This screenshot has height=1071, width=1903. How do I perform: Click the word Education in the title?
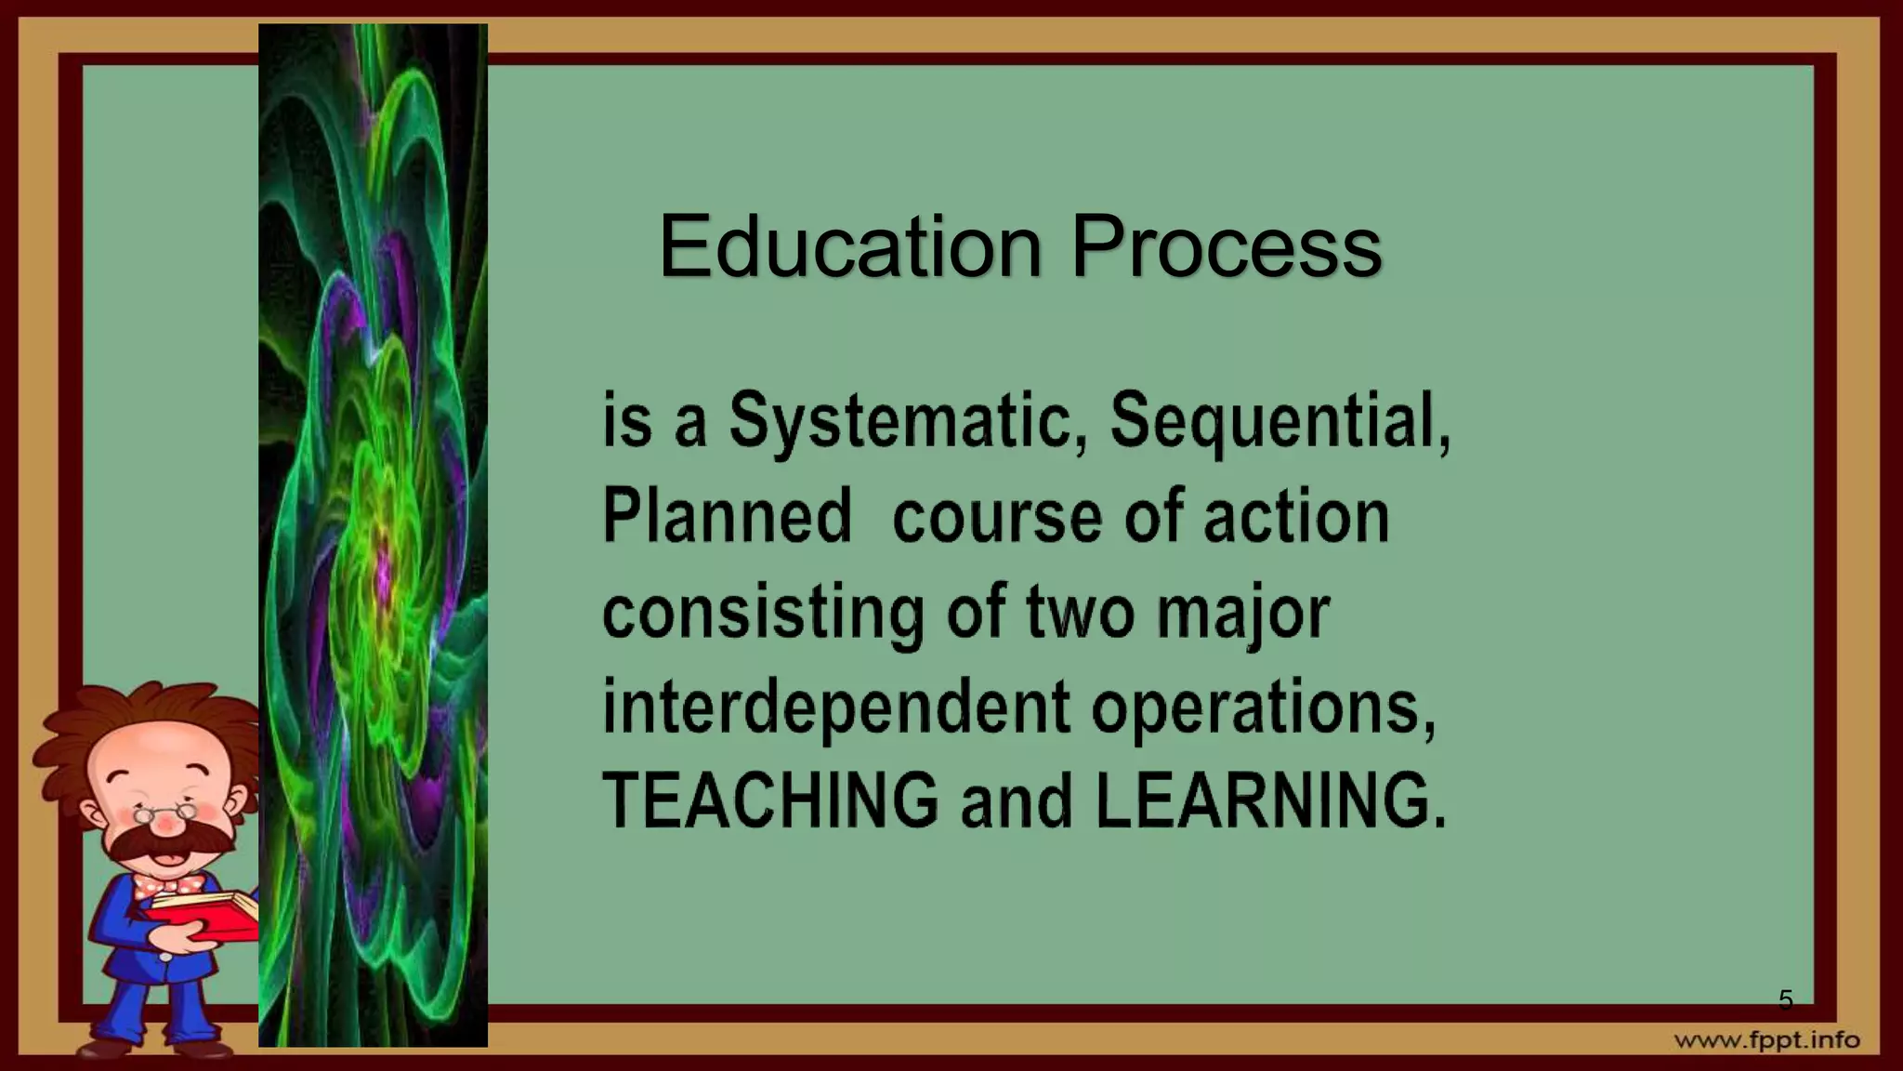(850, 246)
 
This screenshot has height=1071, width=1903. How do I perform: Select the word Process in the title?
(1226, 246)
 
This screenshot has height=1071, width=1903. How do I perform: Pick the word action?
(1296, 518)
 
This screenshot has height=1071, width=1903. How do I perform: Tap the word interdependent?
(836, 708)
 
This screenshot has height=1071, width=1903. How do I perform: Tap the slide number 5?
(1785, 1000)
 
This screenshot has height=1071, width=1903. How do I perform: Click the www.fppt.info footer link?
(1767, 1040)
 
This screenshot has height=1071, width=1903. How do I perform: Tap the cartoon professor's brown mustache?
(167, 841)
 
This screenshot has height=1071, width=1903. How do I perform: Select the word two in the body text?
(1080, 614)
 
